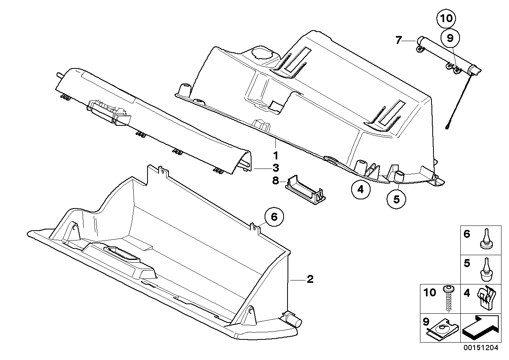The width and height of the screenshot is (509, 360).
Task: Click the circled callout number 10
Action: pos(447,19)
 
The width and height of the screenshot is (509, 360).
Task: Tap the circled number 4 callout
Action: pos(360,189)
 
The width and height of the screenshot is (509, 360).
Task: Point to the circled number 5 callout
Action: pos(396,199)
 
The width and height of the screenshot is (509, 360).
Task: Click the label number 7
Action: pos(398,40)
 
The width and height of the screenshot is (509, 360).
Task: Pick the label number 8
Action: pos(276,181)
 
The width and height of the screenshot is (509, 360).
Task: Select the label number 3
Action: pos(276,167)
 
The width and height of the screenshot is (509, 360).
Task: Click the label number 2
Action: pos(310,279)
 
